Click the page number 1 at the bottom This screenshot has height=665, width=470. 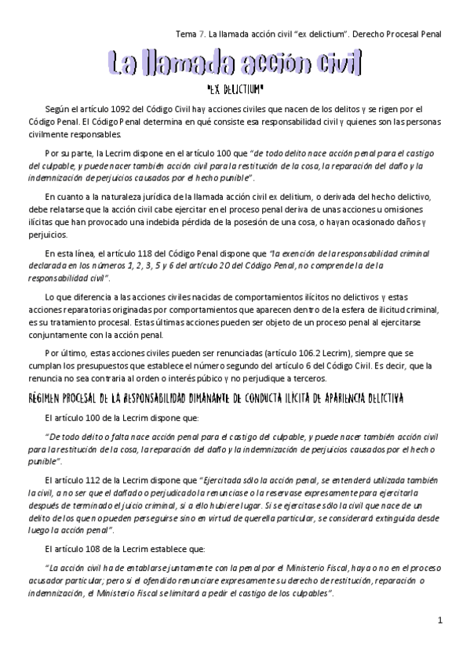coord(441,621)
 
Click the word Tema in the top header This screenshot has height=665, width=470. coord(187,35)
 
